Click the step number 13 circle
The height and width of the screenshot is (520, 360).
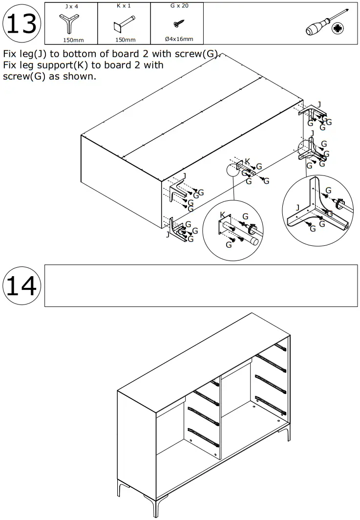[22, 24]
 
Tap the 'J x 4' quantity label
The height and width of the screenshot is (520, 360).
[71, 6]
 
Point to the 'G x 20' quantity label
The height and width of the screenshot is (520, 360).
[177, 6]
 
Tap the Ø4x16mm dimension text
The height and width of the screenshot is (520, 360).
[178, 39]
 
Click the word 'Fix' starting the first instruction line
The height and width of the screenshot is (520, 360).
[10, 54]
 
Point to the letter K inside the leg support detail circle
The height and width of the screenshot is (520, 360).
[223, 216]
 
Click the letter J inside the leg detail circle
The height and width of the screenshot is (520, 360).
[297, 207]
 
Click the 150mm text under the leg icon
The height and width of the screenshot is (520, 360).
[71, 40]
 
